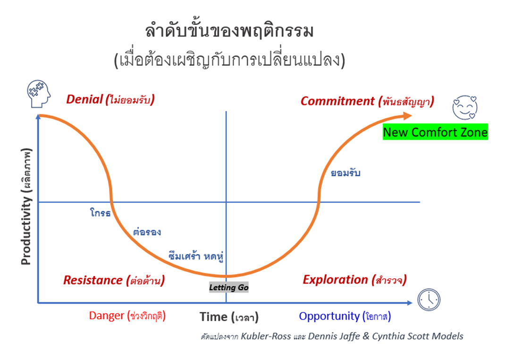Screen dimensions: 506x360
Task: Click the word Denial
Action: coord(84,99)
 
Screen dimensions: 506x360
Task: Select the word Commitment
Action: coord(337,101)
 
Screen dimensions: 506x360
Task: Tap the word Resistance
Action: coord(93,280)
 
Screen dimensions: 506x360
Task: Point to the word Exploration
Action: coord(335,279)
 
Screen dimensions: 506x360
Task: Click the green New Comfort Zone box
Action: coord(435,132)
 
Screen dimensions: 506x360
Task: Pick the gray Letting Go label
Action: coord(229,287)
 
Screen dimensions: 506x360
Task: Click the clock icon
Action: coord(429,300)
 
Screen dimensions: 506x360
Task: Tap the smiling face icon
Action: coord(465,108)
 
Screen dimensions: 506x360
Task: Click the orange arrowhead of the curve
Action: coord(407,116)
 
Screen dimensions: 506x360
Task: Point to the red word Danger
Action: coord(107,316)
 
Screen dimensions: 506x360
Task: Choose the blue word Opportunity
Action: coord(329,316)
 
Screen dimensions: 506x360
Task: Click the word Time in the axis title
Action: coord(213,317)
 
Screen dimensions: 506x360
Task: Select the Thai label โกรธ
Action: coord(101,213)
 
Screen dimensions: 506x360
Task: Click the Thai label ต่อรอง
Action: coord(147,232)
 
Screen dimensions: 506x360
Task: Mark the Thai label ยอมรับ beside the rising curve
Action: coord(346,173)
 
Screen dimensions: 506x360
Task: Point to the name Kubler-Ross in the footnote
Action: coord(266,336)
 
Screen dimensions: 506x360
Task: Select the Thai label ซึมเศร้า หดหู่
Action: coord(196,256)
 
